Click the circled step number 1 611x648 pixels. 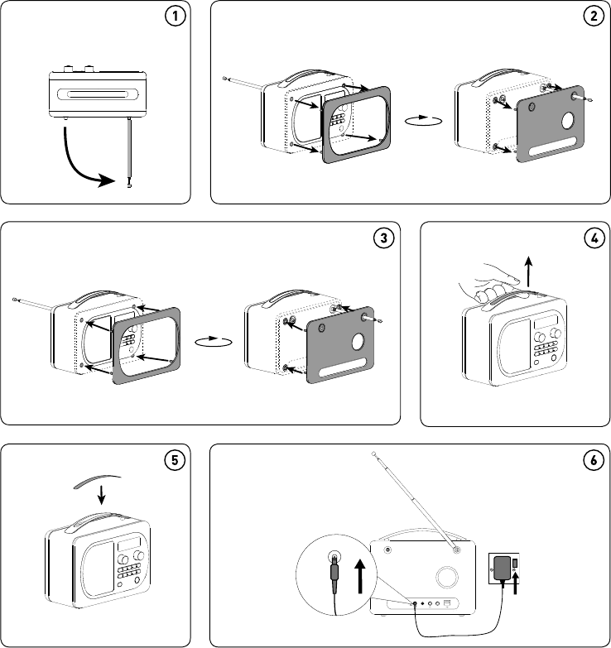(176, 17)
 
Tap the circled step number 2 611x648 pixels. (594, 17)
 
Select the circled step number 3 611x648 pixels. (383, 238)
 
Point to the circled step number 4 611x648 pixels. (594, 238)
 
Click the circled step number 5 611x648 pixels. (175, 460)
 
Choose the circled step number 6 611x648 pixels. (594, 460)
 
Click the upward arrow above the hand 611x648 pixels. (529, 271)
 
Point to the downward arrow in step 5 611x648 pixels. (101, 494)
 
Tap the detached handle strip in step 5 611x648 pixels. (97, 481)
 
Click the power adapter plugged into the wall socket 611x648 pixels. (503, 569)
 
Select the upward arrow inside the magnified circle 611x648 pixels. (360, 577)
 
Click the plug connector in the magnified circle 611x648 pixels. (334, 572)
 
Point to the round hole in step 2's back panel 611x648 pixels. (568, 120)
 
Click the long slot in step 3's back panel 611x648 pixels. (341, 367)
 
